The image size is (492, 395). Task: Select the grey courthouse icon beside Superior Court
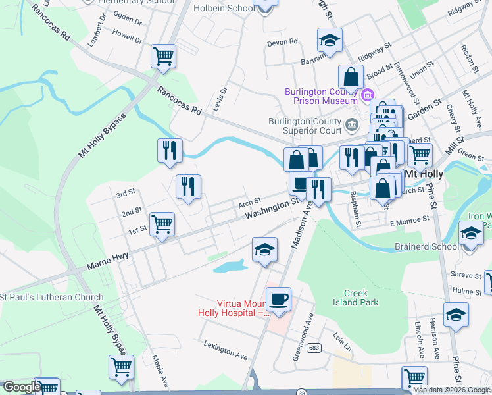pos(352,123)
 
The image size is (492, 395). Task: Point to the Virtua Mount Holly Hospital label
pos(234,309)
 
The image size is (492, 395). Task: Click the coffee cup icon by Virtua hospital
pos(278,299)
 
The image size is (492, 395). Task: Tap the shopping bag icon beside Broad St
pos(351,76)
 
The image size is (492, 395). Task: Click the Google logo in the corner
pos(22,388)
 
